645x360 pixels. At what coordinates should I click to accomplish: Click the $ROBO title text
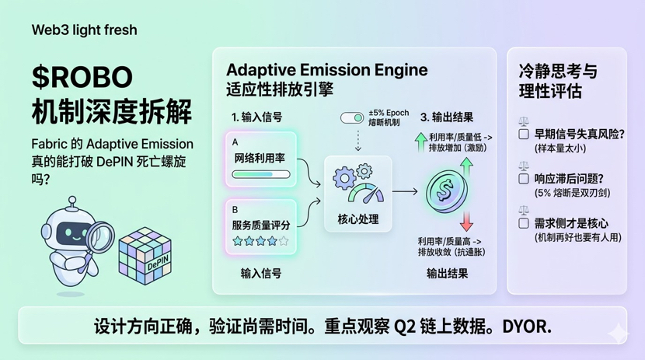82,78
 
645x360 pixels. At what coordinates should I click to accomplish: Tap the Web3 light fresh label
84,30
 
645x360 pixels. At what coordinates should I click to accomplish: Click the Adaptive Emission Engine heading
326,70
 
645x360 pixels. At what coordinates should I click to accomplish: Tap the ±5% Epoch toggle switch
352,117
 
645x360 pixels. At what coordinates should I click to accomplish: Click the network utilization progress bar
261,175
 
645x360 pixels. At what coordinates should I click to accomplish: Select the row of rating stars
261,241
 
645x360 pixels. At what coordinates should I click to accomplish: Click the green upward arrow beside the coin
466,166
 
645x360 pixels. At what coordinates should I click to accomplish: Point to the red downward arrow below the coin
466,221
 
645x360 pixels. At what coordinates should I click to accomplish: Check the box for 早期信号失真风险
524,135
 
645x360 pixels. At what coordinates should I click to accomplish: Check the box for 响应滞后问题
524,179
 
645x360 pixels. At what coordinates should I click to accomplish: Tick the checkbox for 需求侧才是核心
524,223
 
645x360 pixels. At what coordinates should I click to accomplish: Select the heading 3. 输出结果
446,117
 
